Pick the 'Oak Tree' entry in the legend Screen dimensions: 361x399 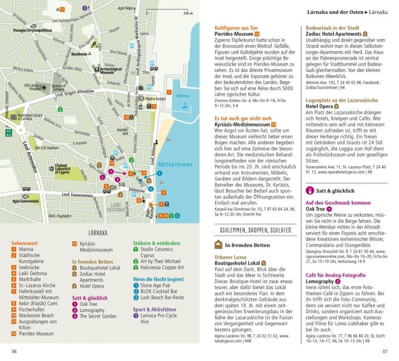tap(88, 304)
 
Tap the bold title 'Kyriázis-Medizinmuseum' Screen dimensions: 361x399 tap(242, 125)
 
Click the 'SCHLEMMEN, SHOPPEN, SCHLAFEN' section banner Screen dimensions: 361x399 tap(255, 230)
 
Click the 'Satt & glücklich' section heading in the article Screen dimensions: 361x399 tap(339, 191)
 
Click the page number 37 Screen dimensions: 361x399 tap(384, 352)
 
